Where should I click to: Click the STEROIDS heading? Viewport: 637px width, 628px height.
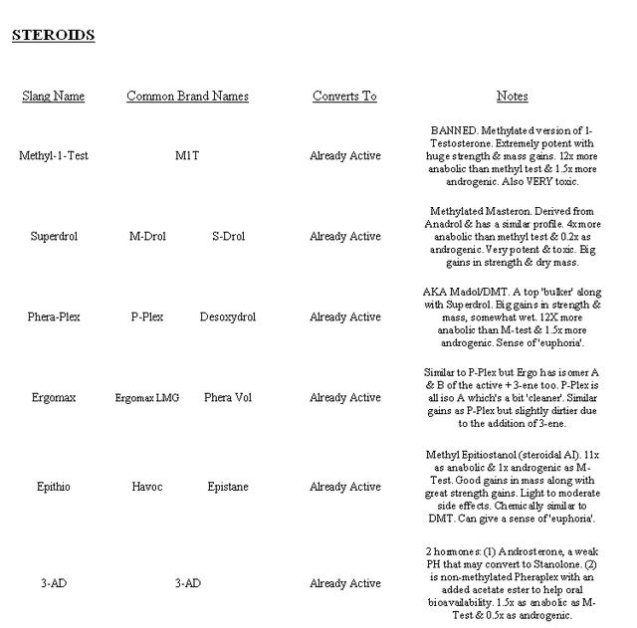pyautogui.click(x=53, y=36)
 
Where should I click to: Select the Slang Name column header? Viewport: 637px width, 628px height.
pyautogui.click(x=53, y=97)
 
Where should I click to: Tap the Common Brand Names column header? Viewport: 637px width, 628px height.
pyautogui.click(x=187, y=97)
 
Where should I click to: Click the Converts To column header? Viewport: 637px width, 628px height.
pyautogui.click(x=344, y=97)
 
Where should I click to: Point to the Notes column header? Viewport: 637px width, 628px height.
pyautogui.click(x=512, y=97)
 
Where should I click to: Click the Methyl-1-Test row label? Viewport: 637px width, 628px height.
pyautogui.click(x=54, y=156)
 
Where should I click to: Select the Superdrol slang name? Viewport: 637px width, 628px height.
pyautogui.click(x=54, y=237)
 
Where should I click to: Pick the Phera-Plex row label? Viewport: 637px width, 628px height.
pyautogui.click(x=54, y=317)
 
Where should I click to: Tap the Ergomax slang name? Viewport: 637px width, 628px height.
pyautogui.click(x=54, y=398)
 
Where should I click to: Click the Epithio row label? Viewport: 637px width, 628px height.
pyautogui.click(x=54, y=487)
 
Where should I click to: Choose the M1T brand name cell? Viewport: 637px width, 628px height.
pyautogui.click(x=187, y=156)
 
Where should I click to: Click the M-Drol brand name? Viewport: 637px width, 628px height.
pyautogui.click(x=147, y=237)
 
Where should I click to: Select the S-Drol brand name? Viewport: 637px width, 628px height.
pyautogui.click(x=228, y=237)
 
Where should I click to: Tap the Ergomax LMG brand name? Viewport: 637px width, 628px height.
pyautogui.click(x=147, y=398)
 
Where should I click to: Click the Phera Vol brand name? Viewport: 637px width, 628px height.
pyautogui.click(x=228, y=398)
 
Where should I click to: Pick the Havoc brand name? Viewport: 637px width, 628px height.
pyautogui.click(x=147, y=487)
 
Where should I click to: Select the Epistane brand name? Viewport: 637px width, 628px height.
pyautogui.click(x=228, y=487)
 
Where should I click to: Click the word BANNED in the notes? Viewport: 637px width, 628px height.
pyautogui.click(x=454, y=130)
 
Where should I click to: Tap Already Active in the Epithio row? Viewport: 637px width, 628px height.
pyautogui.click(x=344, y=487)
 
